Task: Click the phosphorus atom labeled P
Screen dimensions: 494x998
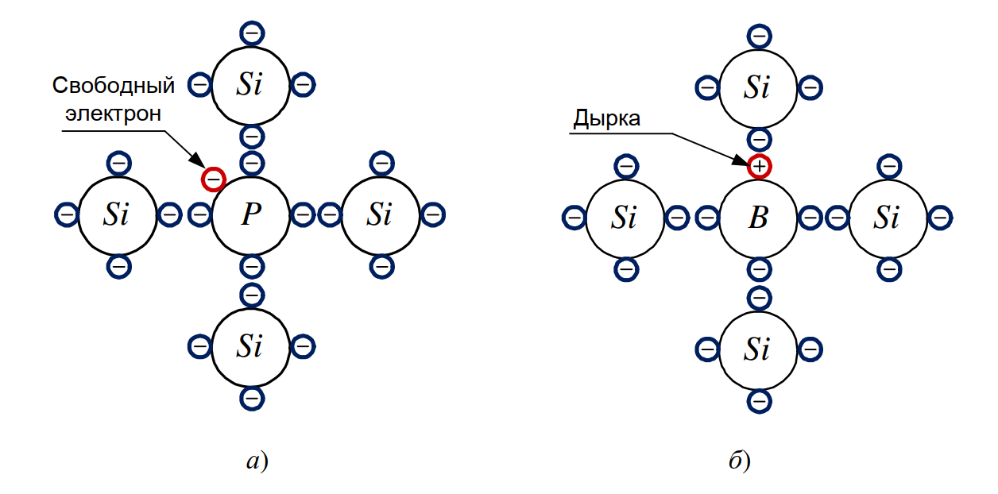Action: [x=251, y=214]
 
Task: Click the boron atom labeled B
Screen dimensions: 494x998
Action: [x=758, y=217]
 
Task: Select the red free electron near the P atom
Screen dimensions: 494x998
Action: [x=213, y=179]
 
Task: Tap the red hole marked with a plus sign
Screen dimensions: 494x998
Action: [x=760, y=166]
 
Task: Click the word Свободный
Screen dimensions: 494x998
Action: [x=113, y=86]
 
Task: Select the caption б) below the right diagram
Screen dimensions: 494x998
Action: [x=739, y=461]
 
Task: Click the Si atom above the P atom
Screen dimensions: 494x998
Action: [x=250, y=84]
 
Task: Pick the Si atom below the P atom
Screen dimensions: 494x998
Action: [x=250, y=346]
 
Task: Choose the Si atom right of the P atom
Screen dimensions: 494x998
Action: [x=381, y=214]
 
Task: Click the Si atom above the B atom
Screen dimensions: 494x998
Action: [x=758, y=87]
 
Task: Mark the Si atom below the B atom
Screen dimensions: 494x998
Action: [x=758, y=349]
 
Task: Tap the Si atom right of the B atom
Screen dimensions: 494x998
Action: [x=888, y=217]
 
